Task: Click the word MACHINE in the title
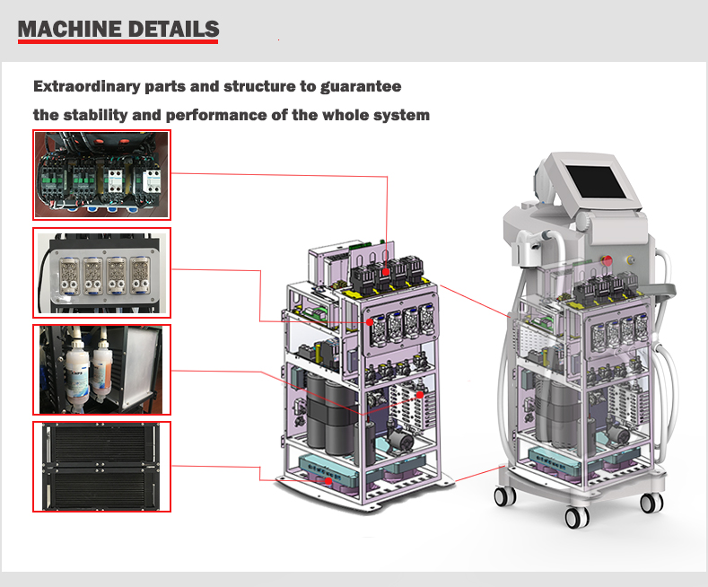point(69,29)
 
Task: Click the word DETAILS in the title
point(173,29)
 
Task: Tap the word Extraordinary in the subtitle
point(87,86)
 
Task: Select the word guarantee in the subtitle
point(361,87)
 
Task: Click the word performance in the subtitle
point(216,115)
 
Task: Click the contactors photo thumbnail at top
point(101,175)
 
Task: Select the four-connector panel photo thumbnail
point(101,273)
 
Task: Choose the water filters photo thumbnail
point(101,370)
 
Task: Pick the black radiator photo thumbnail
point(101,467)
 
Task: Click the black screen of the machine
point(596,181)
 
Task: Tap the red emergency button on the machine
point(607,260)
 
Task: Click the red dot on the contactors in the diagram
point(385,272)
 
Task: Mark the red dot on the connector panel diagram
point(370,322)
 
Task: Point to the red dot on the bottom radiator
point(328,481)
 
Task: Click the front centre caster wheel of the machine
point(577,518)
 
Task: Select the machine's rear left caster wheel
point(504,496)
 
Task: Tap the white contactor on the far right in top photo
point(152,180)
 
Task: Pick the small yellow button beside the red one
point(631,260)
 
